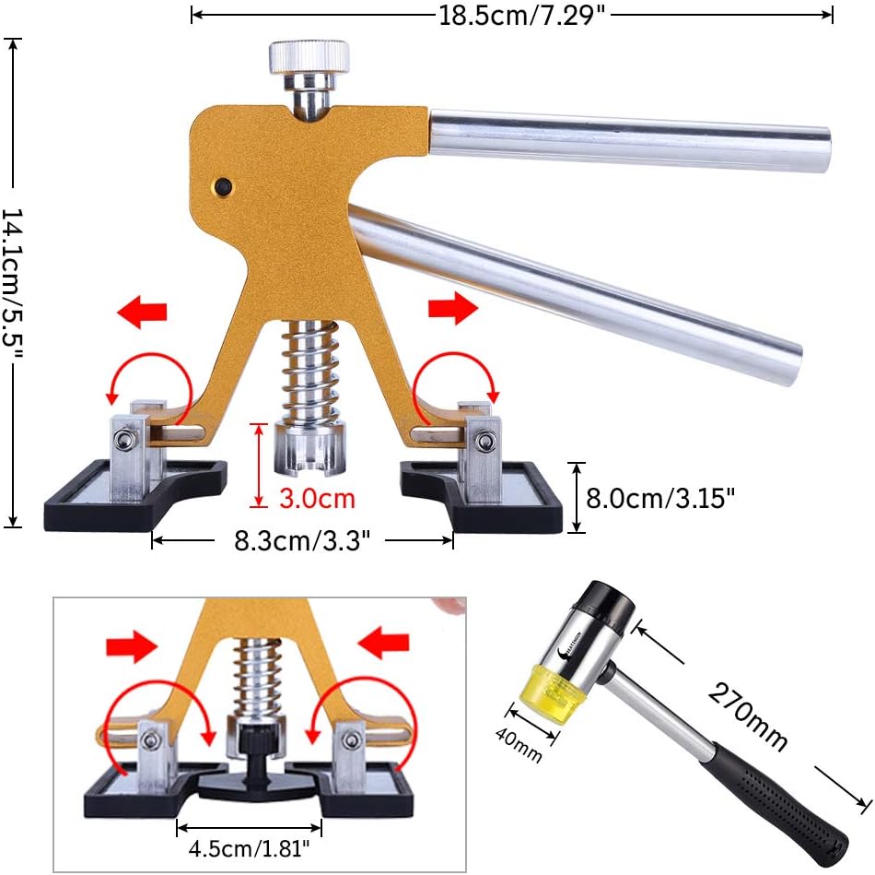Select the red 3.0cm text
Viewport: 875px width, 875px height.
click(318, 499)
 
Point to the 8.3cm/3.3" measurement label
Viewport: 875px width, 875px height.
click(303, 540)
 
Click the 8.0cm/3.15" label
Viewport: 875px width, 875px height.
click(661, 499)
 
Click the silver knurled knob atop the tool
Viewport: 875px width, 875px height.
click(309, 58)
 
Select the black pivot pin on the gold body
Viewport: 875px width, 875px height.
click(221, 186)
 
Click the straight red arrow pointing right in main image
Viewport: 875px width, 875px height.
click(454, 308)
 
